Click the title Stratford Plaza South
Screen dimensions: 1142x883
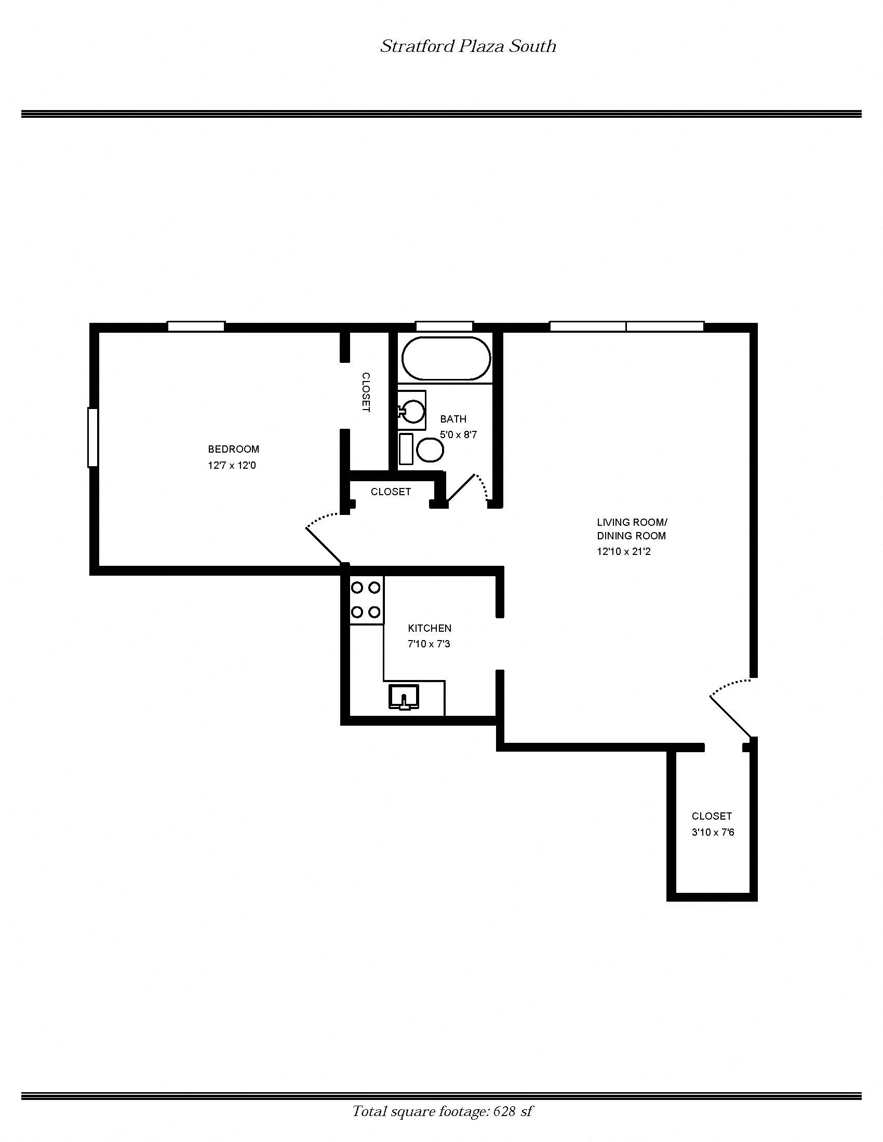(467, 47)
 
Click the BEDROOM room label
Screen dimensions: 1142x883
(233, 449)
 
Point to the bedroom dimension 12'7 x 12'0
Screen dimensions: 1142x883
(232, 466)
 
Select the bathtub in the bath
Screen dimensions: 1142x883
(446, 359)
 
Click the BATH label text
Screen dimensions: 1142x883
(453, 419)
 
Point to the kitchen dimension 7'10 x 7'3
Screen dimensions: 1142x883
(429, 644)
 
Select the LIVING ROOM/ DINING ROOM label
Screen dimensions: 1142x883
(632, 528)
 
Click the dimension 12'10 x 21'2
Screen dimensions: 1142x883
(623, 551)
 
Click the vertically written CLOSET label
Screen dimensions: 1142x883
(366, 391)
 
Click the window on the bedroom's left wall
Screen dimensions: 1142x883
(92, 437)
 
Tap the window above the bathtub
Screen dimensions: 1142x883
(444, 327)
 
